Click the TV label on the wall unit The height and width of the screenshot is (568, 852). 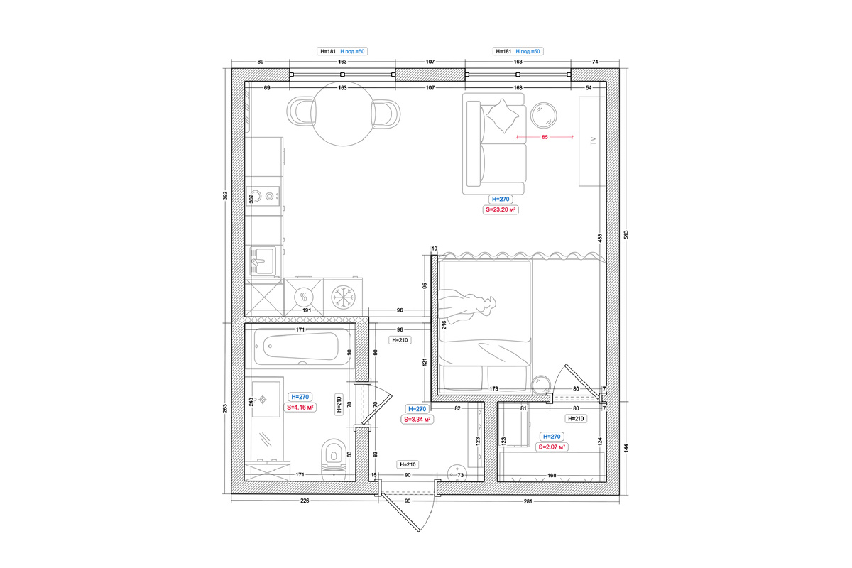click(x=593, y=141)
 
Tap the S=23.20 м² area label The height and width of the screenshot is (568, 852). click(x=501, y=209)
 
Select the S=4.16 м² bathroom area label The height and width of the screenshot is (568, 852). click(x=300, y=408)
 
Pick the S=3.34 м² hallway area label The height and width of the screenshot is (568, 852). click(x=417, y=420)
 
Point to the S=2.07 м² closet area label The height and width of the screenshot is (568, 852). click(x=552, y=447)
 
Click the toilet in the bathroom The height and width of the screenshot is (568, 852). click(x=334, y=459)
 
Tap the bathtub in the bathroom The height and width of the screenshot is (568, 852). click(x=302, y=346)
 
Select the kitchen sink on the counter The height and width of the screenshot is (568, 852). click(x=263, y=261)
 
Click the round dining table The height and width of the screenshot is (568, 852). click(x=343, y=114)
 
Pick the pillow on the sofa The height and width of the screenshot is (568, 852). click(x=503, y=116)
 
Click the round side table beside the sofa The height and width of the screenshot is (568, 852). click(x=544, y=115)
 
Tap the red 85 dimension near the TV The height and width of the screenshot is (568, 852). click(x=545, y=137)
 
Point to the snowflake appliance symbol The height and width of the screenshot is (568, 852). click(x=343, y=297)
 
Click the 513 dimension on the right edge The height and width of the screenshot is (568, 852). click(x=626, y=235)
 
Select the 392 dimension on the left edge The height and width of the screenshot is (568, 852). click(x=225, y=195)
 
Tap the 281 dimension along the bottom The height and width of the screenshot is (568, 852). click(x=528, y=501)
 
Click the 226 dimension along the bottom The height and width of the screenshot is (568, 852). click(x=305, y=501)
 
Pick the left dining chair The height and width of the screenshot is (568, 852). click(x=301, y=111)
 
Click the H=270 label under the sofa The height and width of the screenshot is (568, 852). click(x=501, y=199)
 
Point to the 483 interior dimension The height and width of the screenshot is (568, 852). click(x=600, y=238)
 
